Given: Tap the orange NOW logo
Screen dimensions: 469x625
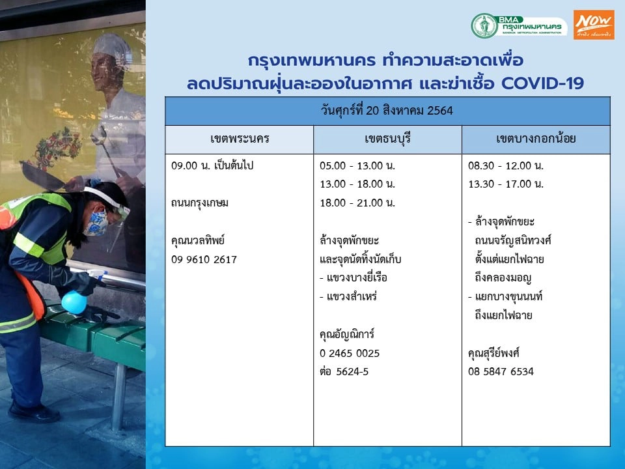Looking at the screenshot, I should coord(594,25).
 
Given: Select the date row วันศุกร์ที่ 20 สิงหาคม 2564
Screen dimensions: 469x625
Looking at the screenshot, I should coord(387,111).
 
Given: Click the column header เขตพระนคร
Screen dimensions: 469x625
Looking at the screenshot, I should coord(240,139).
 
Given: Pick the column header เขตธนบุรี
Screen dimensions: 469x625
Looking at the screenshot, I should coord(387,139).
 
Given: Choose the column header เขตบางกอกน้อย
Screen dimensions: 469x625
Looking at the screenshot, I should coord(536,139).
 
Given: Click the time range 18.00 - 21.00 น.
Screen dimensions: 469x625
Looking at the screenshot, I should coord(357,203).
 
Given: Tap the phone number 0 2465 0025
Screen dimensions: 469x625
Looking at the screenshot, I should coord(350,353).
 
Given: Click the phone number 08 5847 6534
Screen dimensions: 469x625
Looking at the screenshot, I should coord(501,372).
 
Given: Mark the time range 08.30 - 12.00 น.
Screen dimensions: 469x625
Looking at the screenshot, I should coord(506,165).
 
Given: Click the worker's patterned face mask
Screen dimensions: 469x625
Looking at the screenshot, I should coord(98,221).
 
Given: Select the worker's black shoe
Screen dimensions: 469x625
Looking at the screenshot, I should coord(34,412).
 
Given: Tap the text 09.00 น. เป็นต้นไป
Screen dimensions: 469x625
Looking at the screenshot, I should coord(212,165).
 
